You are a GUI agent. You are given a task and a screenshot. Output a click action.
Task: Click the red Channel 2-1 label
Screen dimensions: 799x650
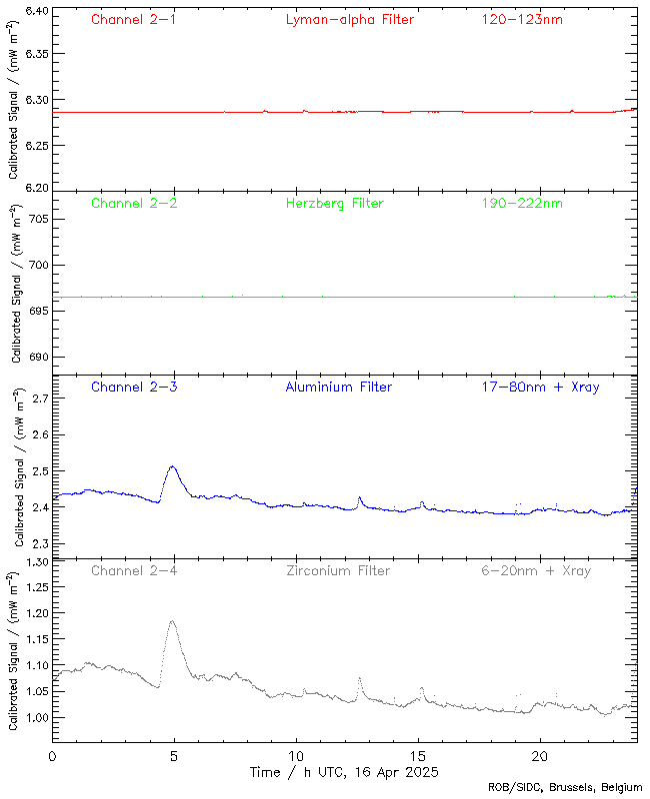coord(134,19)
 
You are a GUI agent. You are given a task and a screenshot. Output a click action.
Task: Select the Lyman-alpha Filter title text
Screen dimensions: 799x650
coord(349,19)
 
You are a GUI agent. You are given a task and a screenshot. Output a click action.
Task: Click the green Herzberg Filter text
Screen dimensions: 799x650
coord(334,204)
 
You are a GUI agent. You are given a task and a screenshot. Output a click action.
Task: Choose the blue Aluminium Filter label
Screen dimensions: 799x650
coord(338,387)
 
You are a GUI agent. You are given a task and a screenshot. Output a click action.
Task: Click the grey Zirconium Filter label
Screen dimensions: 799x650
coord(338,570)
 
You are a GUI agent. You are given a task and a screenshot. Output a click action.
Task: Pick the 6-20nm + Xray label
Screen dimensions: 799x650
coord(536,570)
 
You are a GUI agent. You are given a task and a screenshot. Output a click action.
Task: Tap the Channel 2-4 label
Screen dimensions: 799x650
coord(134,570)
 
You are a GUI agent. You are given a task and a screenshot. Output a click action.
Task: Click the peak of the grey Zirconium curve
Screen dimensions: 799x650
coord(172,621)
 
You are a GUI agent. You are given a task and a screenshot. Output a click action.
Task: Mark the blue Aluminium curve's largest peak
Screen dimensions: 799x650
coord(173,466)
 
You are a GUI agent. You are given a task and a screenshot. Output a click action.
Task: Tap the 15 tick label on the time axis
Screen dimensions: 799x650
coord(418,756)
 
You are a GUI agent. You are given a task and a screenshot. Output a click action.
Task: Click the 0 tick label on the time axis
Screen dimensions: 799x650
coord(52,756)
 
